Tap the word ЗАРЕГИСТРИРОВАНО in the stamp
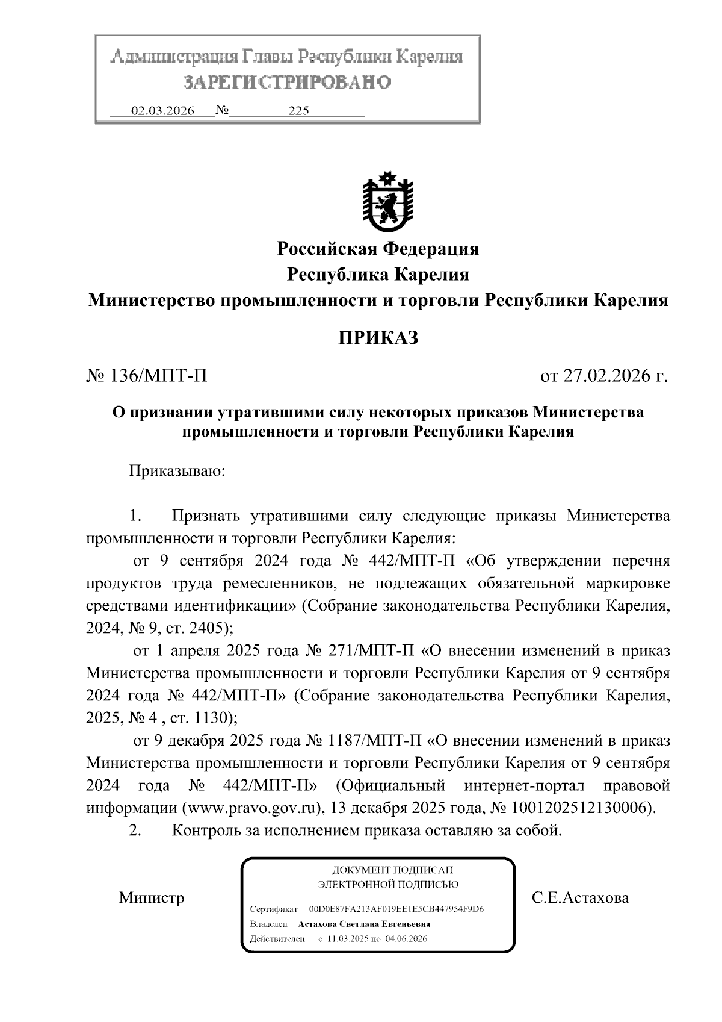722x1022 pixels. [x=287, y=81]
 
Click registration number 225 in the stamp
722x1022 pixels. [x=298, y=111]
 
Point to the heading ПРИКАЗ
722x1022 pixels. [x=377, y=338]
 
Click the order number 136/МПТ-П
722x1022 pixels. [x=158, y=376]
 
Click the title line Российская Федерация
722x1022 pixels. [x=377, y=248]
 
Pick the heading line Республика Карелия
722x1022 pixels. [x=377, y=275]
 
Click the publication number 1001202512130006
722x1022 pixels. [x=580, y=808]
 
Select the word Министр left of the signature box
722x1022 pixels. [x=152, y=898]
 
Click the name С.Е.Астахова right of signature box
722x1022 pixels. [x=580, y=898]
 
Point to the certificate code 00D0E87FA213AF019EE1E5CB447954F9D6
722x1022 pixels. [x=396, y=909]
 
